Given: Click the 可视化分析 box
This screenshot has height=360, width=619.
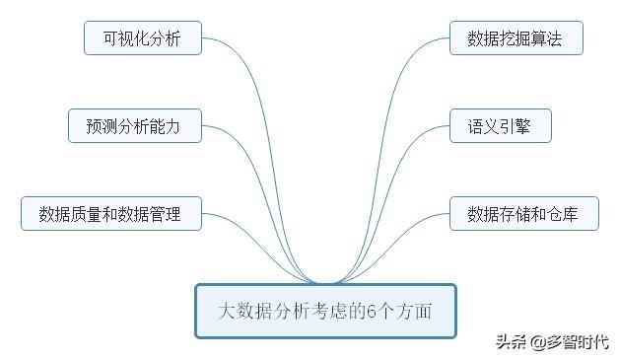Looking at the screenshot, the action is (143, 38).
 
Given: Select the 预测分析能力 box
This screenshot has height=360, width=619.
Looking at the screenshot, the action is (135, 126).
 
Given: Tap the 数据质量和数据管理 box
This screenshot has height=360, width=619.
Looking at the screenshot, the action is (110, 213).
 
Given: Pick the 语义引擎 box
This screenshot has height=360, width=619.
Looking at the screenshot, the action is (501, 126).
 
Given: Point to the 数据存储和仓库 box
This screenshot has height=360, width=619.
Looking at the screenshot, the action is (524, 213).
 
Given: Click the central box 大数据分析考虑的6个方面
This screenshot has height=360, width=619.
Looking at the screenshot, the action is (324, 311).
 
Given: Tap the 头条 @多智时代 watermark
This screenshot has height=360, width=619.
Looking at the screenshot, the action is (552, 342).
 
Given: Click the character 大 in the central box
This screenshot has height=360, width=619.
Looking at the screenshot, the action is (226, 312).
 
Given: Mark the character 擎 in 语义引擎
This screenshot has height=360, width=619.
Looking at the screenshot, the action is (526, 126).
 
